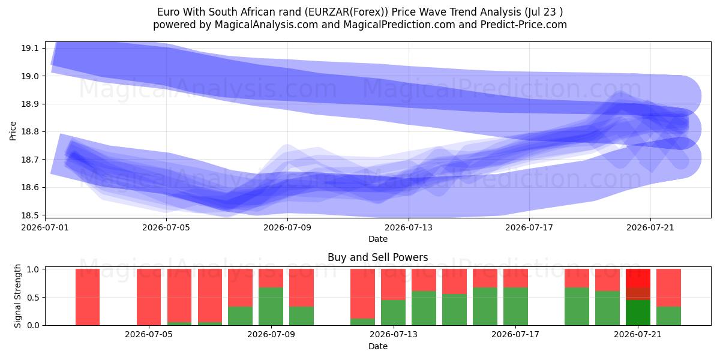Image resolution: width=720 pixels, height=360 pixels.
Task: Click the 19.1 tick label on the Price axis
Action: [x=30, y=49]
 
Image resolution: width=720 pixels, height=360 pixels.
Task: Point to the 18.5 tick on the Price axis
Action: [x=30, y=215]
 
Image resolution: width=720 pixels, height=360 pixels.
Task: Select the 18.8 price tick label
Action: [x=30, y=132]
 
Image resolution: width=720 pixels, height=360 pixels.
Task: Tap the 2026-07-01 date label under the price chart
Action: [x=45, y=227]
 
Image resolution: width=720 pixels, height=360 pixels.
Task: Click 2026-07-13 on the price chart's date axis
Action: [x=409, y=227]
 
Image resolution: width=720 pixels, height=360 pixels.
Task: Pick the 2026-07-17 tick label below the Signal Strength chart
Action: [x=515, y=334]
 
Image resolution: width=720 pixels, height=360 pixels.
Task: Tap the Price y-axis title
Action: [x=13, y=131]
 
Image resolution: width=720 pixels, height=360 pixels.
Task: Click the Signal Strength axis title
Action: [x=17, y=296]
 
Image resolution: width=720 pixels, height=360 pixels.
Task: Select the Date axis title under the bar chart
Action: [x=378, y=346]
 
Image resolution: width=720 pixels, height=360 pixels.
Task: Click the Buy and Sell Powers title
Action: [x=378, y=257]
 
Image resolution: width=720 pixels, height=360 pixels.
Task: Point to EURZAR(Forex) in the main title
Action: [x=347, y=12]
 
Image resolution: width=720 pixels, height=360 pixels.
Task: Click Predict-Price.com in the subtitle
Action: [x=524, y=25]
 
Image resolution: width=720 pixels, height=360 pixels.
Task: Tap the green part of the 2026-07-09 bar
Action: [x=271, y=307]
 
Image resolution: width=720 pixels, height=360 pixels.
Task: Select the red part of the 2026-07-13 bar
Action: [x=394, y=284]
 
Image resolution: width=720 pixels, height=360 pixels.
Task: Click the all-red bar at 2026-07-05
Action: [x=149, y=297]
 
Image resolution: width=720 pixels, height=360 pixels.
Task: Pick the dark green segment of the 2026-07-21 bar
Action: [x=638, y=313]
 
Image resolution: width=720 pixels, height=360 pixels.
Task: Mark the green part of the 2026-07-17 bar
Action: [x=515, y=307]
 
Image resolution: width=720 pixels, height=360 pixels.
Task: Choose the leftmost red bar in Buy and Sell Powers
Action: [x=88, y=297]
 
